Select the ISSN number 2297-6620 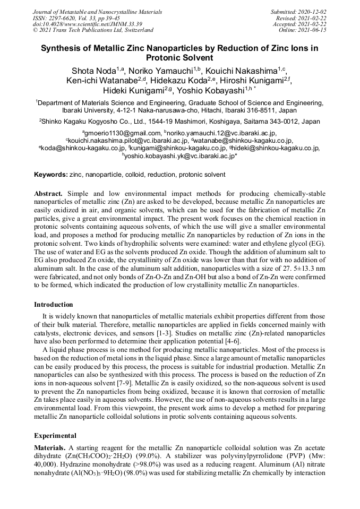point(64,18)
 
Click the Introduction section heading point(54,305)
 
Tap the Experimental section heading point(55,435)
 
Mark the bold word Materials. point(50,448)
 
